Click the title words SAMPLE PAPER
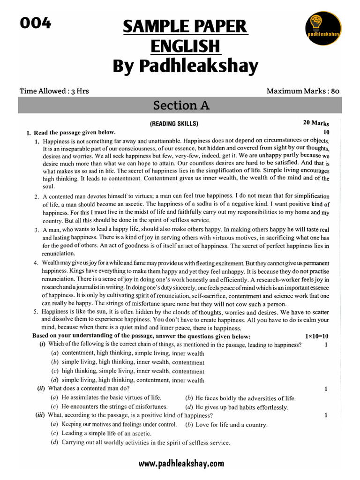(185, 27)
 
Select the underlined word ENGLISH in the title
(185, 46)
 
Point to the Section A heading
(181, 106)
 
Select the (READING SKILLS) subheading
(174, 124)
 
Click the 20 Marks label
(316, 123)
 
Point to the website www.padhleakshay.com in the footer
(181, 464)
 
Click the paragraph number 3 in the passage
(36, 230)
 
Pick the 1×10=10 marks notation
(317, 336)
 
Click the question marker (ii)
(41, 389)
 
